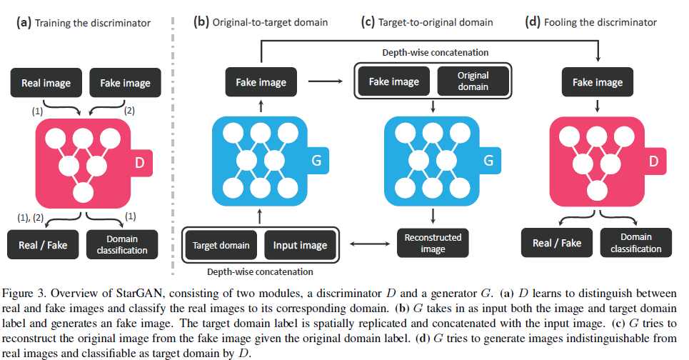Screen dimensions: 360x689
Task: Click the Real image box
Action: click(46, 83)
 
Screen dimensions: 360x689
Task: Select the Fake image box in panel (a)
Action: click(125, 83)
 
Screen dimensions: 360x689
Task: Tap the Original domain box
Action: click(473, 82)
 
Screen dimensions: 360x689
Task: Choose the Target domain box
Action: click(221, 245)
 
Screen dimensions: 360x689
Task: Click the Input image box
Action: click(300, 245)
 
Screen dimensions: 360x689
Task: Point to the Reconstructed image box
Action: click(433, 243)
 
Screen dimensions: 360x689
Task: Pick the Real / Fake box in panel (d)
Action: click(557, 243)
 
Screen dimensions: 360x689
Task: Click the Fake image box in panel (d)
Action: click(598, 82)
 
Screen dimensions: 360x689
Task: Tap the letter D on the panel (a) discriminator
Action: click(141, 163)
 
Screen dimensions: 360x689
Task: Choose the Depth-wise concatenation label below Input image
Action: click(261, 272)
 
